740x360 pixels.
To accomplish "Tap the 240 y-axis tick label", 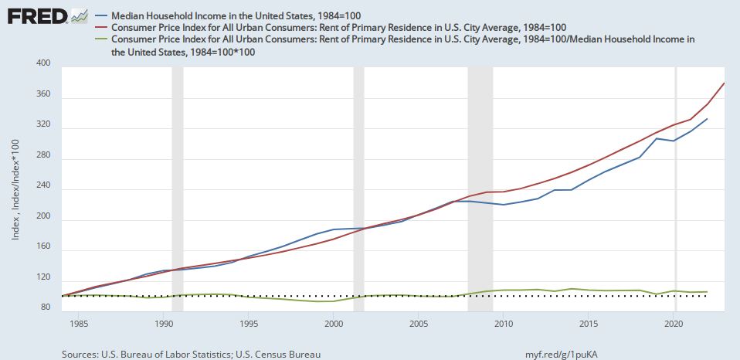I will [x=43, y=189].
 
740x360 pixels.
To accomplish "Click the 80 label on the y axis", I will [x=46, y=308].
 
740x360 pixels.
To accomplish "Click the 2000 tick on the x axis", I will [x=333, y=323].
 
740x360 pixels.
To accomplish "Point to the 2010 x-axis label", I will [x=504, y=323].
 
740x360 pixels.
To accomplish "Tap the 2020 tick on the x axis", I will [x=674, y=323].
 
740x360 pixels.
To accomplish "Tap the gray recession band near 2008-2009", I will [x=480, y=185].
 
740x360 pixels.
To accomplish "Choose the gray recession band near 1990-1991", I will [x=177, y=185].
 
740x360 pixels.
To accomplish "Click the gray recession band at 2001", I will [x=358, y=185].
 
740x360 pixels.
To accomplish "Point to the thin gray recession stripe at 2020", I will [x=677, y=185].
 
